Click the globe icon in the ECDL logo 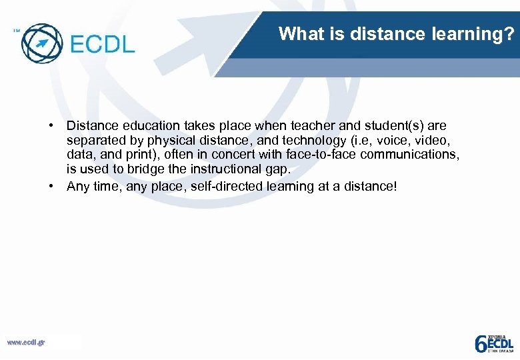pos(41,42)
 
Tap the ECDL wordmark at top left pos(102,43)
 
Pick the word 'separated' pos(93,141)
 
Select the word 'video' pos(433,141)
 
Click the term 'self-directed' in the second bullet pos(226,187)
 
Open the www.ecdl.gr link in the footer pos(26,343)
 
